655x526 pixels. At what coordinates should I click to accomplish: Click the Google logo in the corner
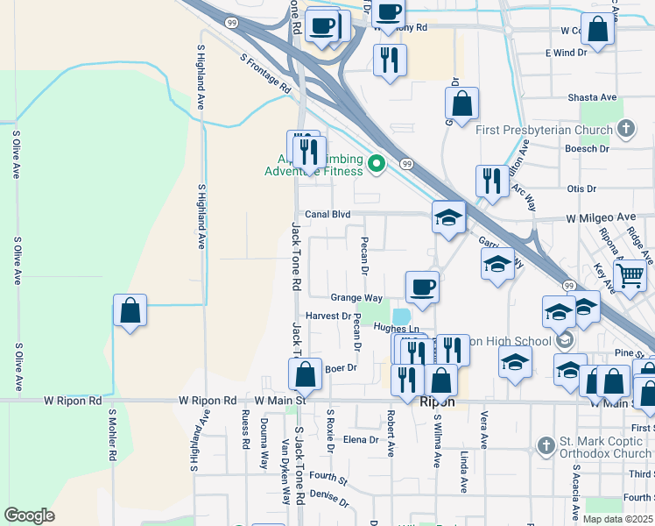tap(30, 515)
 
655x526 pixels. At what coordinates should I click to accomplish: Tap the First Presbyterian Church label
tap(544, 131)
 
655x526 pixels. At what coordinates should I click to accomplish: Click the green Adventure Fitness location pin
tap(377, 163)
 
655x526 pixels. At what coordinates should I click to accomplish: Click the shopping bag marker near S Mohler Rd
tap(130, 310)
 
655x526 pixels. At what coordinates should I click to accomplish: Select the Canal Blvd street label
tap(327, 214)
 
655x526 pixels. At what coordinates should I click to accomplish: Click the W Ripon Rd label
tap(208, 401)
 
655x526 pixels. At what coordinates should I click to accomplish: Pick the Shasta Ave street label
tap(593, 97)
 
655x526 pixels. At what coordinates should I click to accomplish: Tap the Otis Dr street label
tap(581, 188)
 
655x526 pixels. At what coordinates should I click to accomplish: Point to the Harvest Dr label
tap(328, 316)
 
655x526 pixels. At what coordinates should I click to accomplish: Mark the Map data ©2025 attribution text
tap(617, 519)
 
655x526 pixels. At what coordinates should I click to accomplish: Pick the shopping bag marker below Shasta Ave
tap(461, 103)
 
